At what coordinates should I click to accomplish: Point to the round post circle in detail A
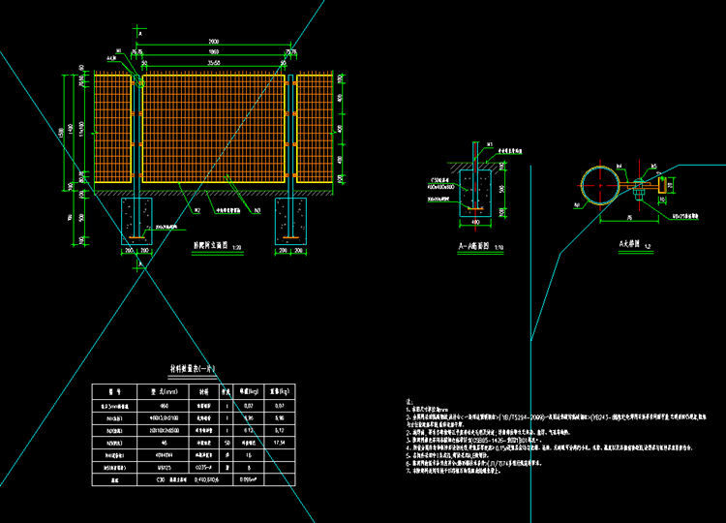598,183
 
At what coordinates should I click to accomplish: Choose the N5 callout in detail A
653,166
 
